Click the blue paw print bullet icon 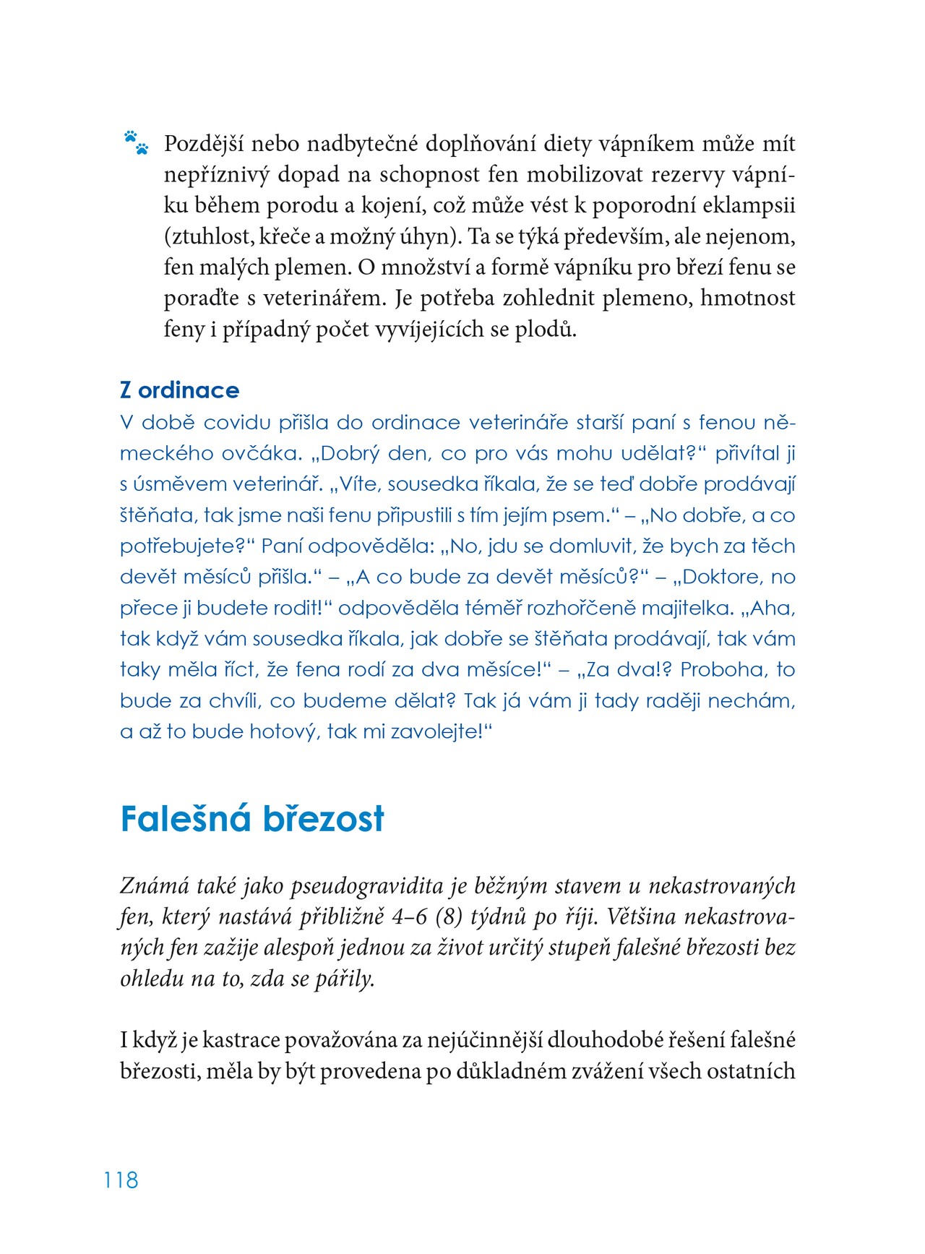tap(136, 142)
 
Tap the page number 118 tap(121, 1180)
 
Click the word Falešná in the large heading tap(185, 819)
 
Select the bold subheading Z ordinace tap(179, 390)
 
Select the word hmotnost tap(748, 299)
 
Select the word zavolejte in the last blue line tap(434, 731)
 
